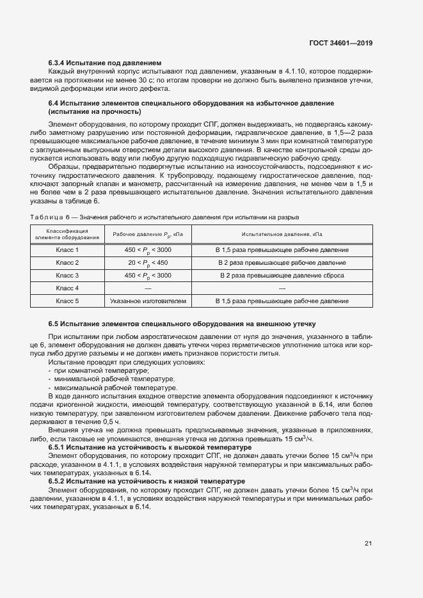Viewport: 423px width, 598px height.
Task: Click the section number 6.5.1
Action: [58, 448]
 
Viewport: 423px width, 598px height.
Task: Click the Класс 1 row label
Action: [67, 249]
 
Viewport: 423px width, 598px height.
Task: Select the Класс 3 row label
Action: [67, 275]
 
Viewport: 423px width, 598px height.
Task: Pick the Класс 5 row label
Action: [67, 301]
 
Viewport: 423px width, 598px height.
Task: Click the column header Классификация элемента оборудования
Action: [67, 234]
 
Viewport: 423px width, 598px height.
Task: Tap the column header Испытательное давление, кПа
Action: [282, 234]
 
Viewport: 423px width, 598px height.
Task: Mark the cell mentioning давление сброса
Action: [282, 275]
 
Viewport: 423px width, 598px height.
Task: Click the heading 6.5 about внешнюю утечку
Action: [181, 324]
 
